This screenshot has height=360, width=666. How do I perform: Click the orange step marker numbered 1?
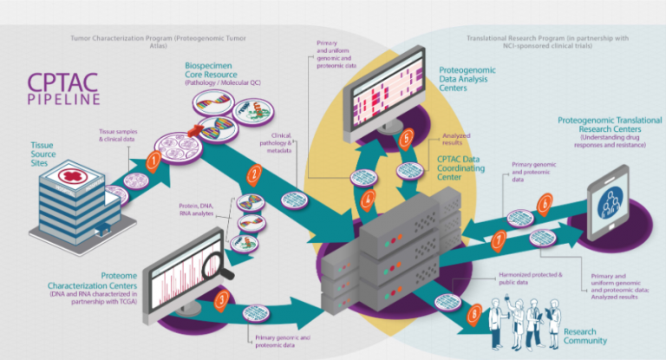[153, 160]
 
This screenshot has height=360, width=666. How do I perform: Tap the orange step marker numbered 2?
[253, 173]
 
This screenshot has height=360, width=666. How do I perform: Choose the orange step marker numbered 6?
[544, 205]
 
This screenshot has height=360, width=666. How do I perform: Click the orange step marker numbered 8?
[473, 311]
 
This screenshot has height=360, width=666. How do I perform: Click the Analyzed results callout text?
[456, 138]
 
